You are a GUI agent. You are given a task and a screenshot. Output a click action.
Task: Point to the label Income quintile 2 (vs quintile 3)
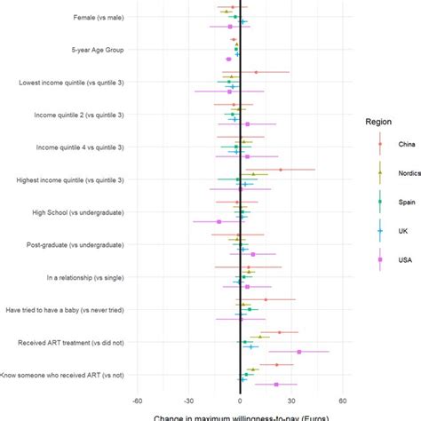(79, 115)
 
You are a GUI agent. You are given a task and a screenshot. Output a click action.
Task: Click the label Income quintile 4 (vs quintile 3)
(79, 147)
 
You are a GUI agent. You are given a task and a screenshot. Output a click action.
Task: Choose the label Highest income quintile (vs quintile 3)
(70, 180)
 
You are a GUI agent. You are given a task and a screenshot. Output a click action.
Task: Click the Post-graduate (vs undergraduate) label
(75, 245)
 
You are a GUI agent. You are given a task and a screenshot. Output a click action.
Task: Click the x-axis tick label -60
(137, 400)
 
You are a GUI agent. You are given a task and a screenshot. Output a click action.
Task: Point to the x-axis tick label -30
(188, 400)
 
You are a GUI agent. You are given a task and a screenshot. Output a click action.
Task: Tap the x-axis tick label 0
(240, 400)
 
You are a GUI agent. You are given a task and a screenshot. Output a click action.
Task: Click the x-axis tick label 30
(291, 400)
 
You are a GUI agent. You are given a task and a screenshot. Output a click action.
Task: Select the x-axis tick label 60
(343, 400)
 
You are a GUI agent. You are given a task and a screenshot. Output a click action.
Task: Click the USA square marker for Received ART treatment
(299, 352)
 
